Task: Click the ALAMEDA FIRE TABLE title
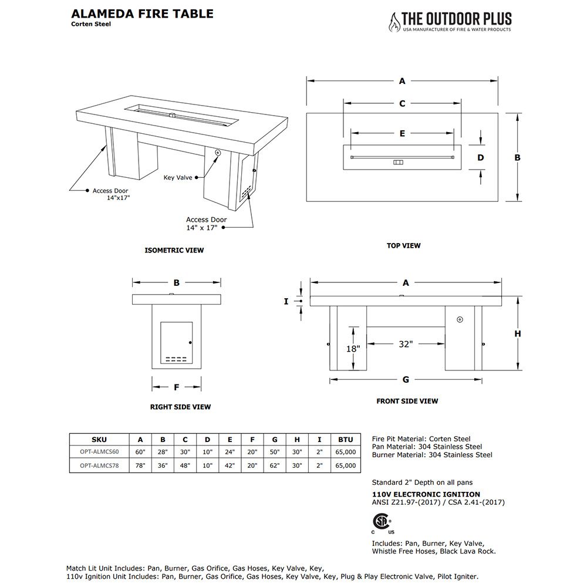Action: pos(141,14)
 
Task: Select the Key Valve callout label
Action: pos(178,177)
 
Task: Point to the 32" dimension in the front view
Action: pos(405,344)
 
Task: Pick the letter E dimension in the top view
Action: pos(402,133)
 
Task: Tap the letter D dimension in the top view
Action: pos(481,157)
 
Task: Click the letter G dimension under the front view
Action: pos(406,379)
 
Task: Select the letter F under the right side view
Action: pos(176,387)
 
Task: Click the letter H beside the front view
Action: pos(518,333)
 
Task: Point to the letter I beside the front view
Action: pos(286,301)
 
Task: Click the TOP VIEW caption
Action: pos(403,245)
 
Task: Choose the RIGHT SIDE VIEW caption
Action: pos(180,407)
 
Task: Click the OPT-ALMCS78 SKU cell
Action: pos(99,465)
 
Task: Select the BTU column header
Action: pos(346,439)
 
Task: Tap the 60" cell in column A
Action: pos(140,452)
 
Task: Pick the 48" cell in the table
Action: pos(185,465)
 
